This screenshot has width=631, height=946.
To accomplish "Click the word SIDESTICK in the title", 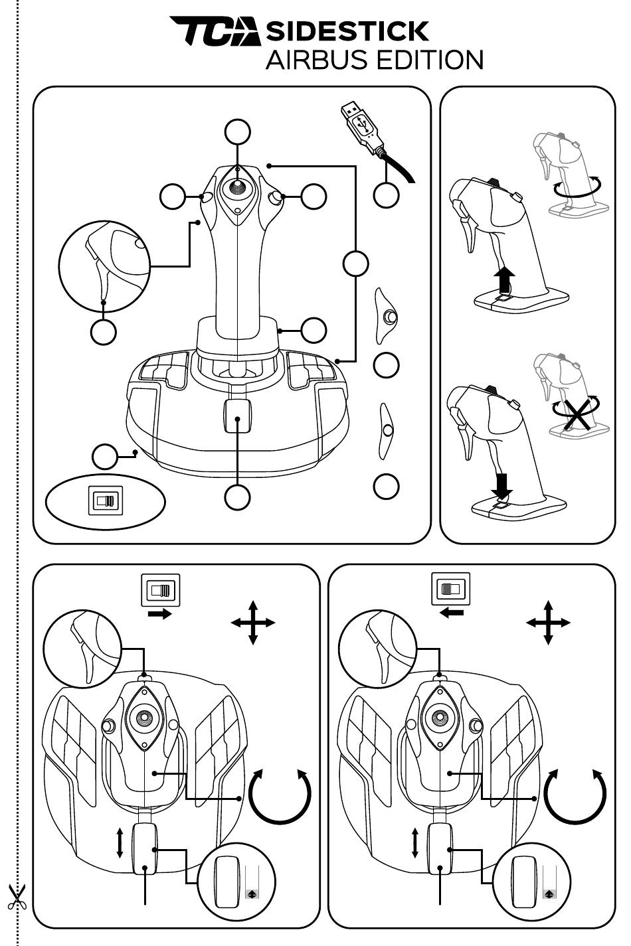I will pyautogui.click(x=347, y=31).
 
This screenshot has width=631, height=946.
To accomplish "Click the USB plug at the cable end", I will pyautogui.click(x=361, y=124).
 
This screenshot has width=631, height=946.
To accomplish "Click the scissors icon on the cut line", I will pyautogui.click(x=17, y=897).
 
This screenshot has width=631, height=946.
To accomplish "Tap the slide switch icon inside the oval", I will pyautogui.click(x=105, y=500).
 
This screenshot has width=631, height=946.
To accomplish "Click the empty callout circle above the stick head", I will pyautogui.click(x=238, y=132).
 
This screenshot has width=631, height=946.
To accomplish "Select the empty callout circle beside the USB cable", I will pyautogui.click(x=387, y=195).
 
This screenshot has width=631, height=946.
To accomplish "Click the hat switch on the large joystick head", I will pyautogui.click(x=238, y=187).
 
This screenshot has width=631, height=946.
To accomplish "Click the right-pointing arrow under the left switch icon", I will pyautogui.click(x=160, y=614).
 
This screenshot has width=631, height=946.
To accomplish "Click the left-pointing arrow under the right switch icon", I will pyautogui.click(x=452, y=613).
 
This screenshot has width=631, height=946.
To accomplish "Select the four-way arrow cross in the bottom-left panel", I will pyautogui.click(x=253, y=623).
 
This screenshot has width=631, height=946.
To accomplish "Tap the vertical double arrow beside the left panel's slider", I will pyautogui.click(x=120, y=842).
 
